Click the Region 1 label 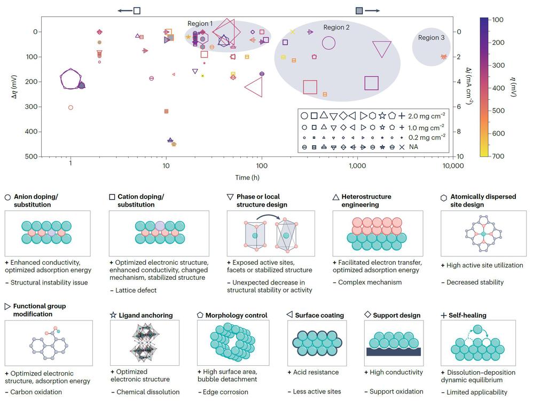point(200,24)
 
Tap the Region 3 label point(431,38)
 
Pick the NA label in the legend point(413,146)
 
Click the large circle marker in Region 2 point(328,43)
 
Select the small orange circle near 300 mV point(70,108)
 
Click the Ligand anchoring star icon point(113,316)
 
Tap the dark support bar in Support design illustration point(394,351)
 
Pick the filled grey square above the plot point(359,11)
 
